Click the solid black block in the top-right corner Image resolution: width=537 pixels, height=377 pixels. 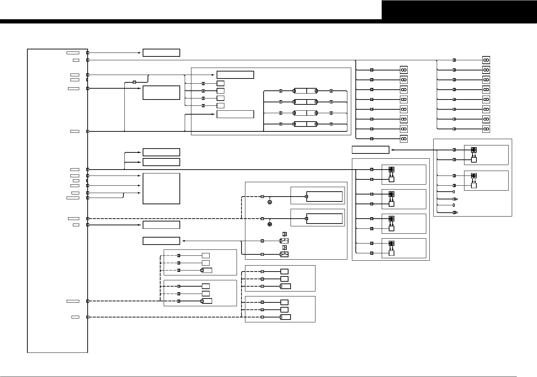[x=459, y=10]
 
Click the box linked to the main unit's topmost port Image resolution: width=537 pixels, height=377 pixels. [x=161, y=53]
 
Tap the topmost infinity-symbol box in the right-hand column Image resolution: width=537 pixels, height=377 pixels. [x=486, y=60]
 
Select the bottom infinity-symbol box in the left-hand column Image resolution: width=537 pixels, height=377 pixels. [x=404, y=139]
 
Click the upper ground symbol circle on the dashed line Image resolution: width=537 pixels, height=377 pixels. [x=270, y=202]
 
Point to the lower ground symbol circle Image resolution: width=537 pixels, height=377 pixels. [x=270, y=224]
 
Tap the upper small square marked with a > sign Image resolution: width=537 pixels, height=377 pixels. [x=285, y=234]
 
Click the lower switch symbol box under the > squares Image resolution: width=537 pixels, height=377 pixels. [x=284, y=254]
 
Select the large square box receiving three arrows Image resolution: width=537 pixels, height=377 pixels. [x=161, y=188]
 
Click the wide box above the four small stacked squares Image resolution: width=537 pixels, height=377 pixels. [x=235, y=75]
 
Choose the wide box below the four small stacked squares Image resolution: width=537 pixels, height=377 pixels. [x=235, y=114]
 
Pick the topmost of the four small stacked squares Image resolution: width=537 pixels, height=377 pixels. [x=220, y=83]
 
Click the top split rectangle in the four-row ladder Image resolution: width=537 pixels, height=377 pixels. [x=305, y=91]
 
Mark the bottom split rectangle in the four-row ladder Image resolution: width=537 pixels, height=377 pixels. [x=305, y=124]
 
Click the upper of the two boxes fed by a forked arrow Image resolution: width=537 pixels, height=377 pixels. [x=161, y=152]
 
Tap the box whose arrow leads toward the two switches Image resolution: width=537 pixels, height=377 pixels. [x=161, y=241]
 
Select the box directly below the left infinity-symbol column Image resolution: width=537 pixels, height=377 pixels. [x=371, y=150]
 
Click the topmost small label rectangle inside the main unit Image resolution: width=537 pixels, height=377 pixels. [x=73, y=53]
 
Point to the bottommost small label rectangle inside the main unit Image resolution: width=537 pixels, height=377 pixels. [x=75, y=317]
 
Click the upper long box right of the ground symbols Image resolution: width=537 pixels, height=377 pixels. [x=324, y=197]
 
